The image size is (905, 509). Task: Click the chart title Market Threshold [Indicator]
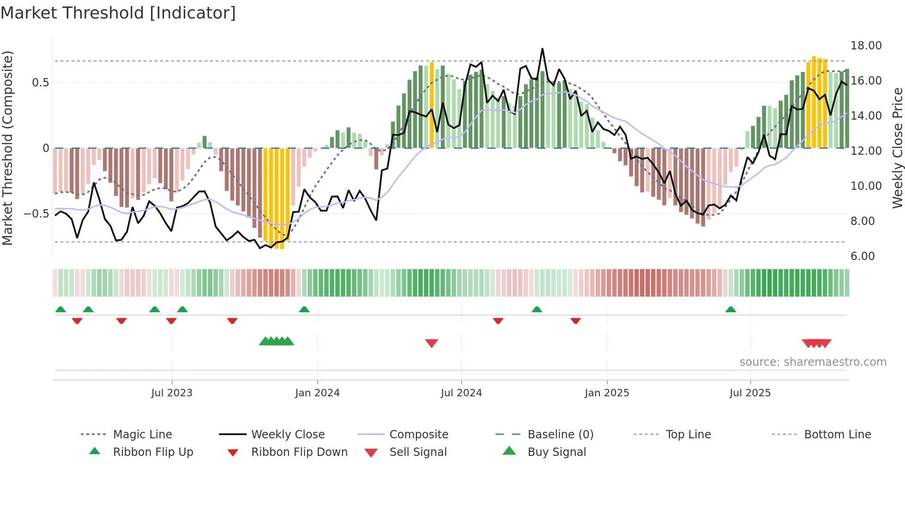118,13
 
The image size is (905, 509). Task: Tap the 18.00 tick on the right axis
866,46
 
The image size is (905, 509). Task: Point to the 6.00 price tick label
862,256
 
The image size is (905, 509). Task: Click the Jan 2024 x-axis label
317,393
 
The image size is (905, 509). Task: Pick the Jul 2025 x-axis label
750,393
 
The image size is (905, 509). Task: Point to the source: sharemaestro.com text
813,362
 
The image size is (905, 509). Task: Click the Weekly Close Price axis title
897,148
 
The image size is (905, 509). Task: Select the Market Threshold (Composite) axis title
7,148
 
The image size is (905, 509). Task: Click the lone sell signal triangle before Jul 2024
431,343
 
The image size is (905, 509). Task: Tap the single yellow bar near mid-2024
432,104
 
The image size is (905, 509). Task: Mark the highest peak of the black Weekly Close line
542,48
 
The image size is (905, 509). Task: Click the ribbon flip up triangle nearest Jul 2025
730,309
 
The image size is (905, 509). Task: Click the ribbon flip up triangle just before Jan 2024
304,309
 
